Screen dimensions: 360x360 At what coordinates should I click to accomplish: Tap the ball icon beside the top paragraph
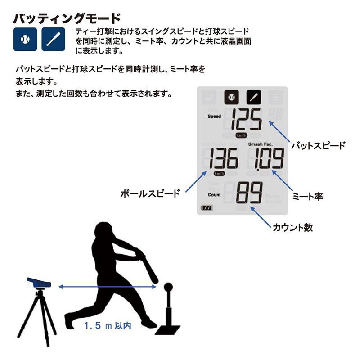[x=25, y=39]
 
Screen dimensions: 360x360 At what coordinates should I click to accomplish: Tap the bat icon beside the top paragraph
[x=53, y=39]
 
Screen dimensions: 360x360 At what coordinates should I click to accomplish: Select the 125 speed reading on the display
[x=246, y=120]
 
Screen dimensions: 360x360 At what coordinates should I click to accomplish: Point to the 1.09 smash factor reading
[x=269, y=159]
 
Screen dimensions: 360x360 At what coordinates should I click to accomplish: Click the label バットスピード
[x=318, y=145]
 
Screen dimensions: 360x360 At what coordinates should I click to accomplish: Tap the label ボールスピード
[x=150, y=193]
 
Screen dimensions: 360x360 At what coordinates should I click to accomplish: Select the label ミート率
[x=308, y=197]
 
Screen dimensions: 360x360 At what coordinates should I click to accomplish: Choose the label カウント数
[x=292, y=227]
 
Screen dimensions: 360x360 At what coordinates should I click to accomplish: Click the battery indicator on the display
[x=207, y=208]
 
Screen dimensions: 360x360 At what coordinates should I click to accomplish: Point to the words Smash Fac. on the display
[x=260, y=144]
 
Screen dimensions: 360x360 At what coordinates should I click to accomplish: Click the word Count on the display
[x=214, y=195]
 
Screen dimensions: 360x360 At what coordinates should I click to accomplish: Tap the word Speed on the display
[x=214, y=116]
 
